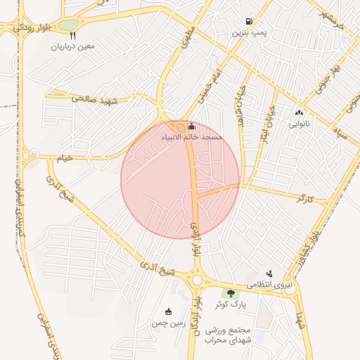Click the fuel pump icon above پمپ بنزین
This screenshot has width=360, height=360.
(249, 22)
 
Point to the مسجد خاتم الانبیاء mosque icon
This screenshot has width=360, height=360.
(192, 126)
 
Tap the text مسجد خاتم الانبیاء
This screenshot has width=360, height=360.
(192, 136)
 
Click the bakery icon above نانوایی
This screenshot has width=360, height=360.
(300, 112)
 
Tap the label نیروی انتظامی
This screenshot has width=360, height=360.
(271, 285)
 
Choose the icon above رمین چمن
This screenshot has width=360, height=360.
(167, 312)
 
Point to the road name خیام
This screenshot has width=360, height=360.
(64, 159)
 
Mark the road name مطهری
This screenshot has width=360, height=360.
(187, 38)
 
